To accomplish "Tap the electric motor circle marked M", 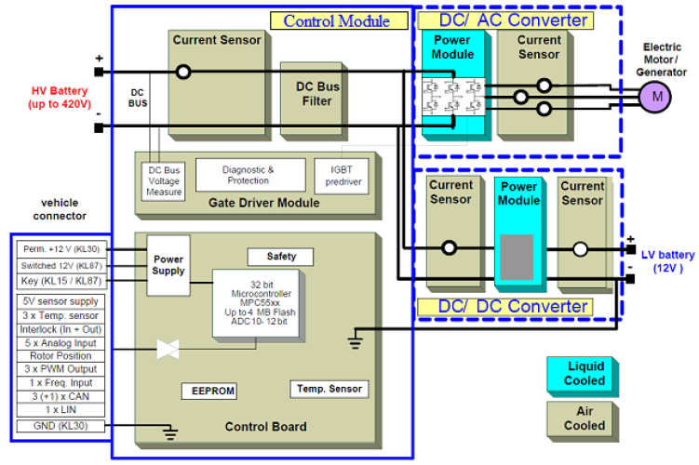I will pyautogui.click(x=655, y=95).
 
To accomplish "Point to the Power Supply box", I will pyautogui.click(x=169, y=266).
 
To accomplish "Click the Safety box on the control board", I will pyautogui.click(x=280, y=256).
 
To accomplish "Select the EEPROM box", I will pyautogui.click(x=206, y=391).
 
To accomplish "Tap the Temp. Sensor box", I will pyautogui.click(x=329, y=388).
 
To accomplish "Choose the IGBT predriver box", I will pyautogui.click(x=343, y=174).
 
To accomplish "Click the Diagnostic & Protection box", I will pyautogui.click(x=249, y=174).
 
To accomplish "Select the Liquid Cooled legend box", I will pyautogui.click(x=584, y=373).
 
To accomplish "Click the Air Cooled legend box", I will pyautogui.click(x=584, y=418).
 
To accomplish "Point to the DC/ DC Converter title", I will pyautogui.click(x=515, y=306).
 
